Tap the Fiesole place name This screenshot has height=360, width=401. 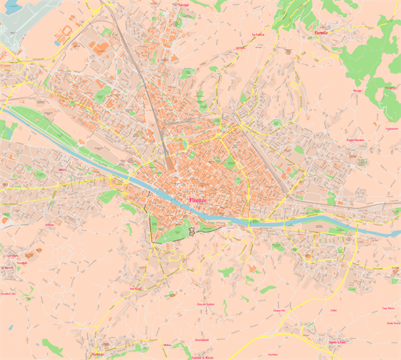coord(321,34)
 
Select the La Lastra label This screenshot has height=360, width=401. coord(258,35)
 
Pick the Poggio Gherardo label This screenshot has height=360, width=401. coord(356,139)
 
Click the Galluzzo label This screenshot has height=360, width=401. coord(97,354)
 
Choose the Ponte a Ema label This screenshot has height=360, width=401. coord(337,341)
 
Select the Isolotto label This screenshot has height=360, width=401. coord(62,167)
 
